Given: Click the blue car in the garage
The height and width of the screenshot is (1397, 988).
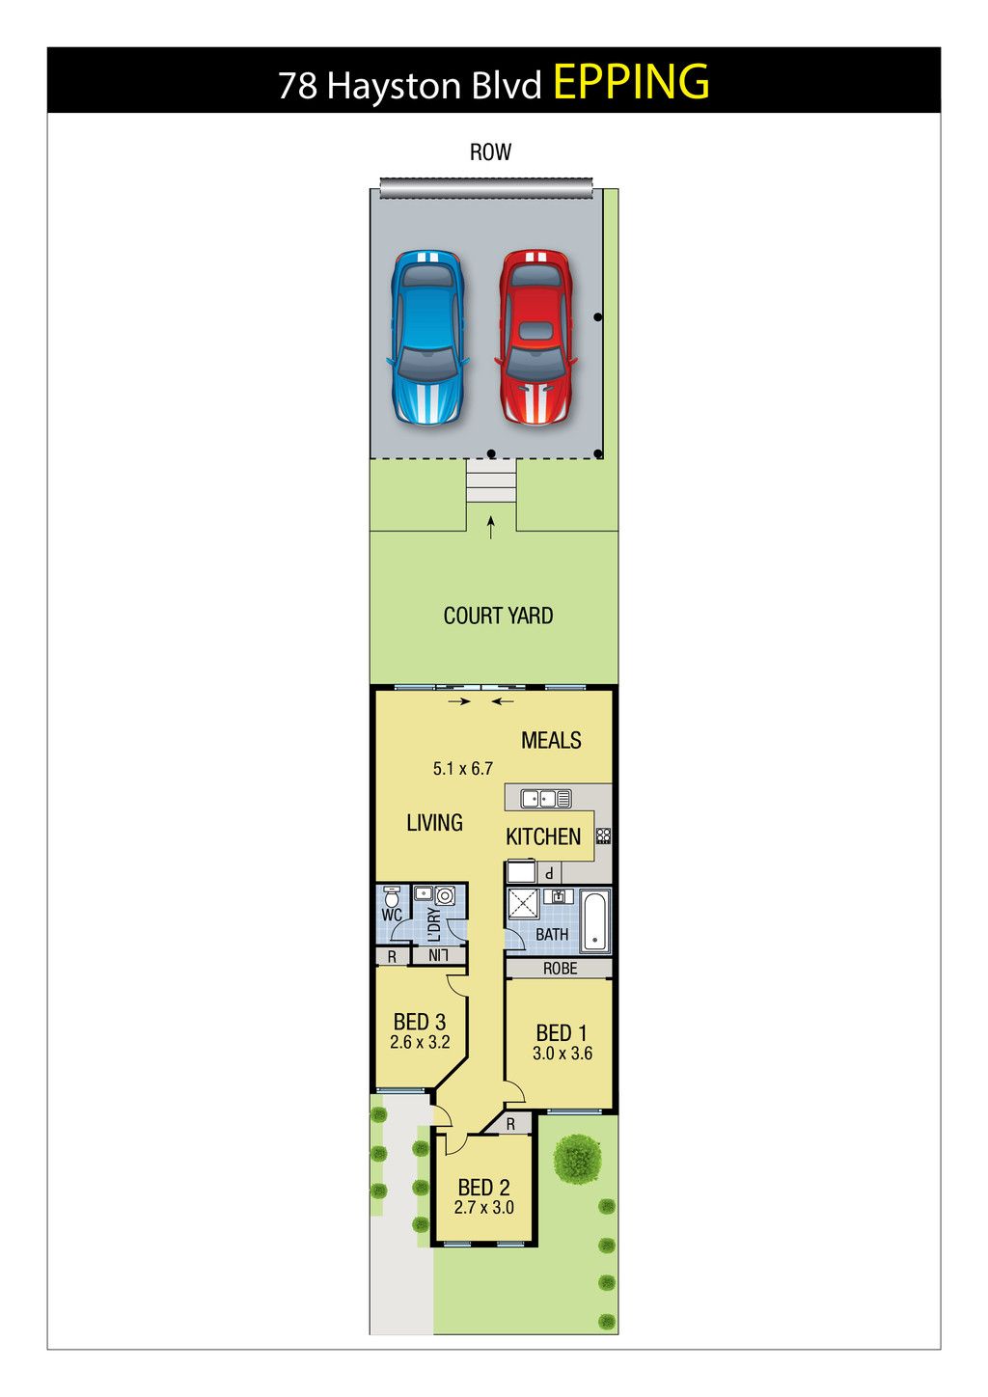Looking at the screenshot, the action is [427, 339].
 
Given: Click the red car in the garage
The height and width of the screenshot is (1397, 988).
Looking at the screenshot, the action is [535, 338].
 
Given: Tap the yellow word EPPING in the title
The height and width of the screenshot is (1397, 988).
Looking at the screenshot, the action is [631, 82].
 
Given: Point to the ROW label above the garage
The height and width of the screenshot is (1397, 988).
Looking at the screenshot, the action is [490, 152].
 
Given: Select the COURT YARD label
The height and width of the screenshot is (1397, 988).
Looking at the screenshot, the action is [498, 616].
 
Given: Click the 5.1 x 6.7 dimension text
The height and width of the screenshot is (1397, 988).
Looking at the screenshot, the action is [463, 768].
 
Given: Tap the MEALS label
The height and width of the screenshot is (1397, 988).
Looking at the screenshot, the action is [551, 740].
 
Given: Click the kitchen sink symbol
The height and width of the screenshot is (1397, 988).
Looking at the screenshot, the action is [546, 798].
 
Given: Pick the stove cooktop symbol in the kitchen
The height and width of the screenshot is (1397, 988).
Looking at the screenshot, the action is [603, 835].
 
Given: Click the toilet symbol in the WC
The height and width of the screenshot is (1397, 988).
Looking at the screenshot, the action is [392, 897].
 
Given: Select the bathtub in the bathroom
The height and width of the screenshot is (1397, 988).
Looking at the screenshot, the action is [595, 921].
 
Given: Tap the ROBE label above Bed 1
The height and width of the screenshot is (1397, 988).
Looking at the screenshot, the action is [560, 969].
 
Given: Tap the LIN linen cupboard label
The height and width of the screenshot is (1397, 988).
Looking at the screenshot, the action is [438, 955].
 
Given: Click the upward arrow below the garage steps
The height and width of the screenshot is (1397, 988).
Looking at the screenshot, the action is [491, 527].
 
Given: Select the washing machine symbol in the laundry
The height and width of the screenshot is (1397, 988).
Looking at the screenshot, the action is [445, 896].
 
